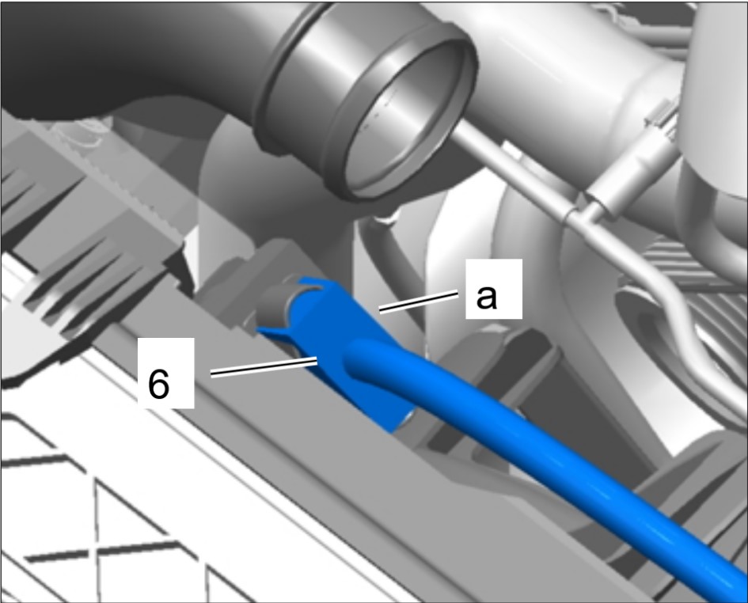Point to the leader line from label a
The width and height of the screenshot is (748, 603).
419,302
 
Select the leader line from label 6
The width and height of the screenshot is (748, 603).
264,366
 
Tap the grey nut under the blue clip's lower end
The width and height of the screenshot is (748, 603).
405,423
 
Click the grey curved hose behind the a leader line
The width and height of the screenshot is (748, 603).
391,267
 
